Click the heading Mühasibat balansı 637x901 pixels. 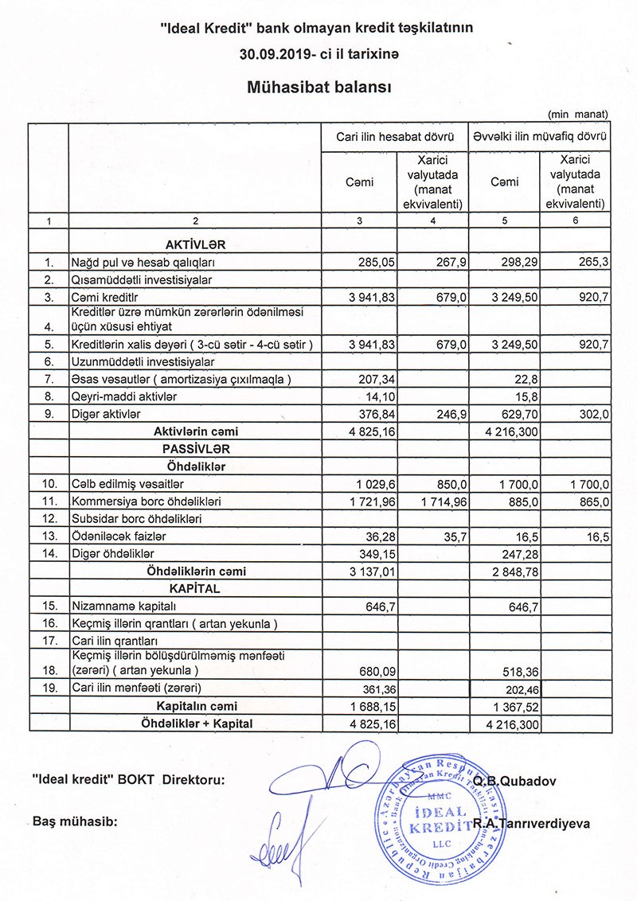tap(318, 87)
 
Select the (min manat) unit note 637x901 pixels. tap(577, 115)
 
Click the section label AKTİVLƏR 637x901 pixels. tap(196, 244)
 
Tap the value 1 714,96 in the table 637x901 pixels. tap(436, 501)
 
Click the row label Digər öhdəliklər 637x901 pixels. tap(112, 552)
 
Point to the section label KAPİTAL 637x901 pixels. tap(194, 589)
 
